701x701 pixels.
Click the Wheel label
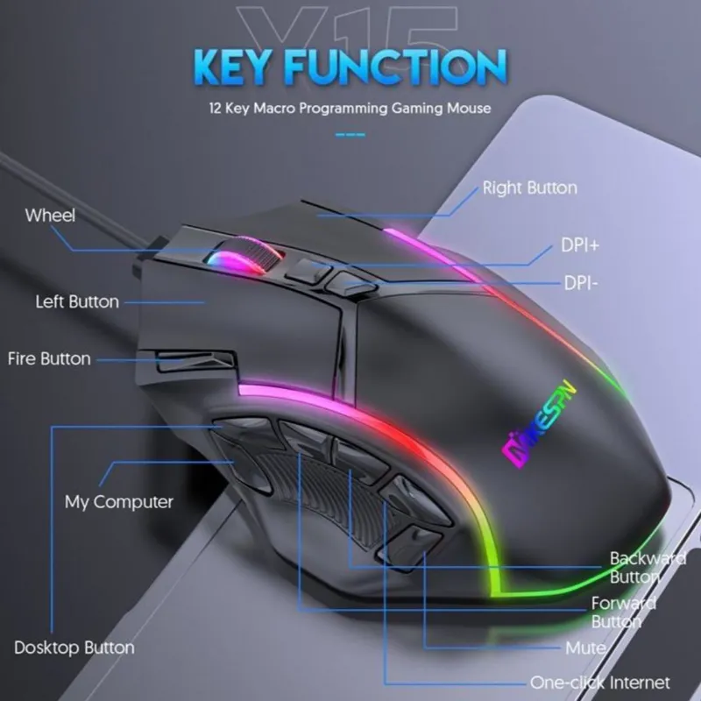point(50,216)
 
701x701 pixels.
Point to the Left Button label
point(76,301)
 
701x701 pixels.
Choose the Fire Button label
point(49,358)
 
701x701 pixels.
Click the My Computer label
point(119,502)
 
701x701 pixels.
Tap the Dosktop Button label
point(74,648)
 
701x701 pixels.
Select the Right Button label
point(530,188)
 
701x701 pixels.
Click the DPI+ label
point(580,245)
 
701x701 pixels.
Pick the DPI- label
point(579,283)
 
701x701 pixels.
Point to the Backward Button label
point(648,567)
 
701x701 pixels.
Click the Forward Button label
point(624,612)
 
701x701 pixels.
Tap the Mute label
point(585,648)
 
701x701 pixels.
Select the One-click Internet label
point(599,682)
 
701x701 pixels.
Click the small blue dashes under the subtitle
point(350,135)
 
